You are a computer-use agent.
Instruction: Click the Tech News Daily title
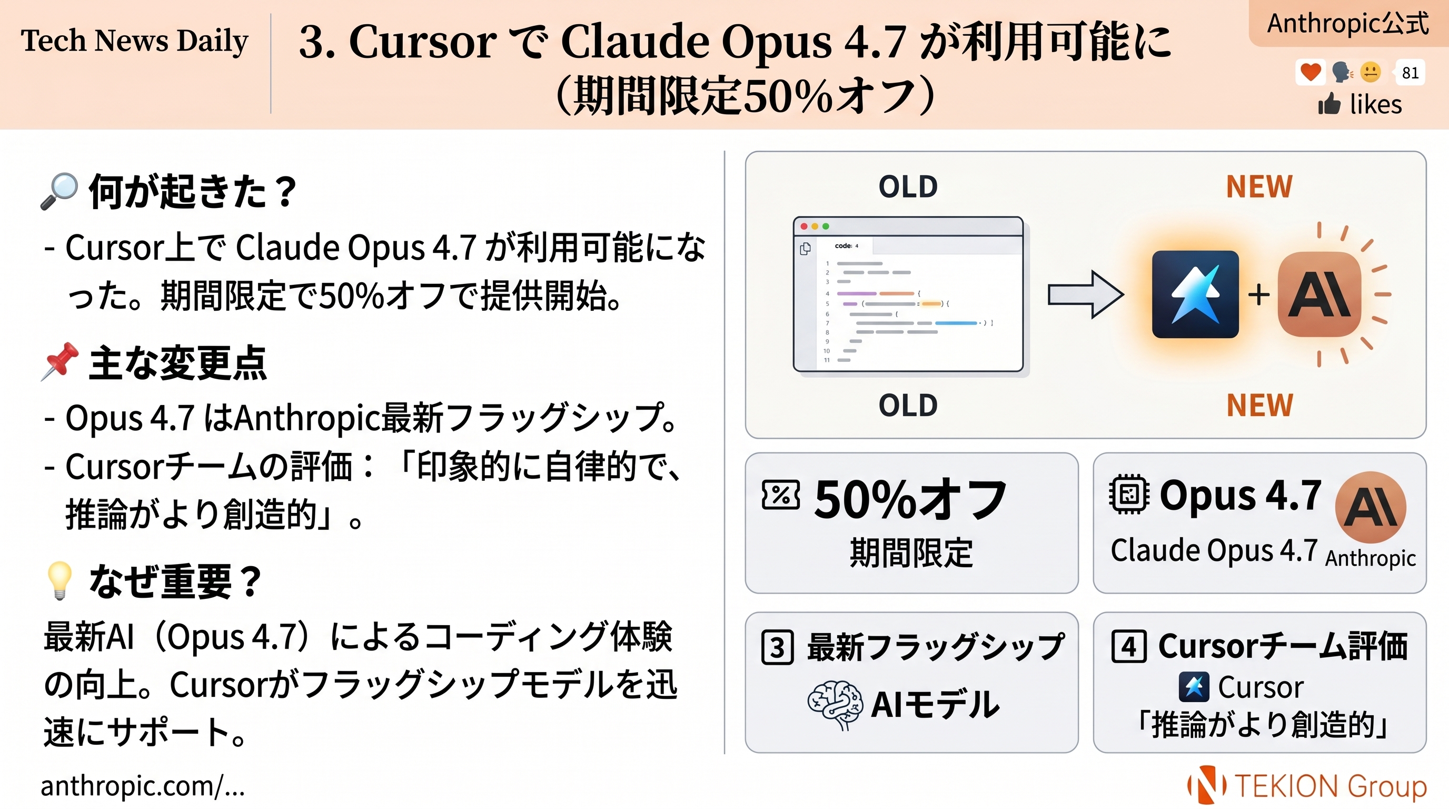click(x=134, y=41)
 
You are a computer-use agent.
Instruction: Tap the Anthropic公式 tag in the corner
click(x=1347, y=24)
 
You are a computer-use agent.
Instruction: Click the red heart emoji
click(x=1310, y=73)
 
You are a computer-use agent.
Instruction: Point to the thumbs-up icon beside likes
click(x=1329, y=104)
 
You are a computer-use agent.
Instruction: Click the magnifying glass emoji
click(x=58, y=191)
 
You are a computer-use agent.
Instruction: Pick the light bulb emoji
click(x=59, y=579)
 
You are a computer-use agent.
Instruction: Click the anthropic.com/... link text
click(x=143, y=785)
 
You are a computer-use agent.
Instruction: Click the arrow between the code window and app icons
click(x=1085, y=294)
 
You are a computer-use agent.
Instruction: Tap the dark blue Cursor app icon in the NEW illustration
click(x=1195, y=294)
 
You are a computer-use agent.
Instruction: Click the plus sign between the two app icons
click(x=1258, y=295)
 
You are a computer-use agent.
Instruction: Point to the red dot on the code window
click(x=804, y=226)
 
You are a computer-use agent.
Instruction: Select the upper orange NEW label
click(x=1259, y=186)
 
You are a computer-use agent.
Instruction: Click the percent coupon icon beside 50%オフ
click(x=780, y=495)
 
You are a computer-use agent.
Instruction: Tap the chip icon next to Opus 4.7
click(x=1128, y=495)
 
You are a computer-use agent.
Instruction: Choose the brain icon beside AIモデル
click(x=835, y=704)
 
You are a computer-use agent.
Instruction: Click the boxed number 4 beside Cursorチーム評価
click(x=1128, y=646)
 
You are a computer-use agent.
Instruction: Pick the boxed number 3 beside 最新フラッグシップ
click(x=777, y=647)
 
